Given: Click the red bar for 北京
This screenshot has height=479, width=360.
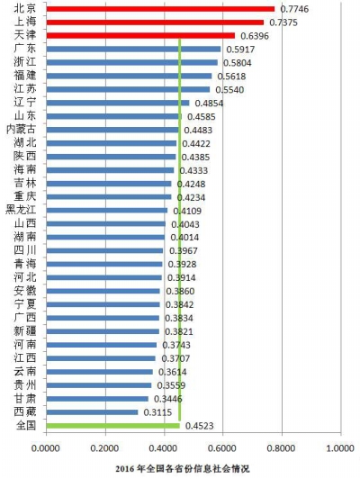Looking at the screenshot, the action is (x=160, y=9).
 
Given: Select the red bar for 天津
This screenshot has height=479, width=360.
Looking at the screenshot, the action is (x=140, y=36).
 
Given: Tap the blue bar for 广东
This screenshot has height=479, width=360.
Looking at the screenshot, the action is (x=133, y=50).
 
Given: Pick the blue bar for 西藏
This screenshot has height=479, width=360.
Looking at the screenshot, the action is (x=92, y=412).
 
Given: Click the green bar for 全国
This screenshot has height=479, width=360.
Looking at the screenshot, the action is (x=113, y=426).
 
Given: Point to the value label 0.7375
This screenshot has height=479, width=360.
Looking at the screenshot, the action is (x=283, y=23).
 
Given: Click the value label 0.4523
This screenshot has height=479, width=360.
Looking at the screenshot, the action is (x=200, y=426).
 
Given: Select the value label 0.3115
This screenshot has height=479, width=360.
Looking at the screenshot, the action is (x=157, y=412).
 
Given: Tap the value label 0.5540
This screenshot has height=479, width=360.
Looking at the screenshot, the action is (x=229, y=90).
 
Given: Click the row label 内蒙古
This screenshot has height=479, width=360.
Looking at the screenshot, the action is (x=21, y=130).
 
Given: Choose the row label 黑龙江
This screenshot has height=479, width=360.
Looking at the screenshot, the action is (x=21, y=210).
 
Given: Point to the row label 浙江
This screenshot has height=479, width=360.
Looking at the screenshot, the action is (x=25, y=62).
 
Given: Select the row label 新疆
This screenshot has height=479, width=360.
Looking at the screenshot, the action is (x=25, y=330).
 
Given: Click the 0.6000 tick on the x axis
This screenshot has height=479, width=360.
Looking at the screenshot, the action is (x=223, y=448).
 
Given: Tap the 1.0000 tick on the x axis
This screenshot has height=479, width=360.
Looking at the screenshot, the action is (x=340, y=448).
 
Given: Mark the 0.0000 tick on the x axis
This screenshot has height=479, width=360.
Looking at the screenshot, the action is (x=46, y=448).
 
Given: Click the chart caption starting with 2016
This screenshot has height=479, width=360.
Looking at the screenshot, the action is (x=183, y=468).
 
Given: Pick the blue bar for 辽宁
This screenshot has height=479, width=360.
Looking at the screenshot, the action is (x=118, y=103).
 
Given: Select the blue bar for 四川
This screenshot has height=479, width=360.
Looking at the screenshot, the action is (x=104, y=251).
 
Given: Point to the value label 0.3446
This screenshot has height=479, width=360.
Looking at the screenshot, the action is (x=168, y=399).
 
